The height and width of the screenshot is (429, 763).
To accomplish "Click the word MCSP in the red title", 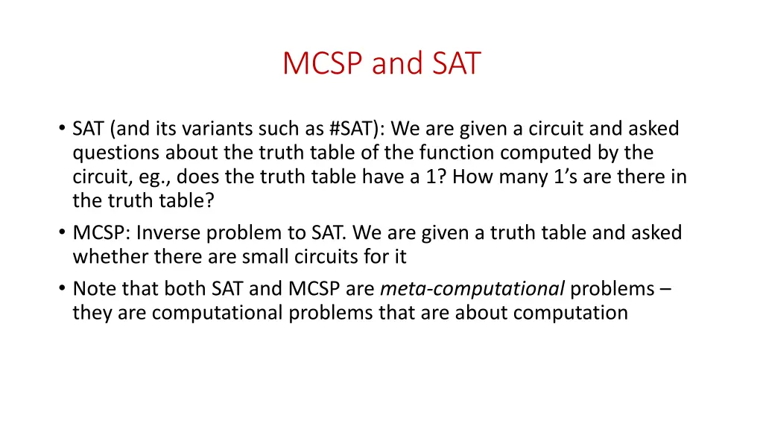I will [323, 63].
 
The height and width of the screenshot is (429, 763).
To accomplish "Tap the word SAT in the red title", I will [455, 63].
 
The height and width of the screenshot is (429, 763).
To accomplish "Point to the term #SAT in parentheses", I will [352, 129].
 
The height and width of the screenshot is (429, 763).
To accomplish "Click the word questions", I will [115, 153].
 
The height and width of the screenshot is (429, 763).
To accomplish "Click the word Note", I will [92, 288].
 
